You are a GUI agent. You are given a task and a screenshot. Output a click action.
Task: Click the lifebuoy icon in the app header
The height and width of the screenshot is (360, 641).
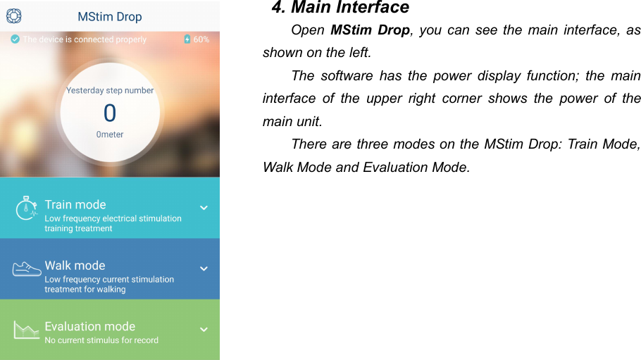click(14, 15)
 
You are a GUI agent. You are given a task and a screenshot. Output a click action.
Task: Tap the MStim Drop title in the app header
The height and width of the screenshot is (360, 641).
click(109, 16)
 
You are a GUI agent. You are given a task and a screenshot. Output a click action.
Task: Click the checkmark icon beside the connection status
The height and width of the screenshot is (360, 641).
click(15, 39)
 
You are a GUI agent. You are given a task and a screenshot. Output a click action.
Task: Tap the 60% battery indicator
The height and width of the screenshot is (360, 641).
click(197, 39)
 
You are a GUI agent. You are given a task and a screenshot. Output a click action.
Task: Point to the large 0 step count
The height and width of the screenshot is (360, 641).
click(110, 113)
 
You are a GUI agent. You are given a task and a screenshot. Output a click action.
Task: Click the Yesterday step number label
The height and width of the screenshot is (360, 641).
click(110, 90)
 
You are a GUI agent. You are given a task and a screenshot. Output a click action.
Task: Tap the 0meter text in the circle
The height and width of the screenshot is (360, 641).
click(110, 134)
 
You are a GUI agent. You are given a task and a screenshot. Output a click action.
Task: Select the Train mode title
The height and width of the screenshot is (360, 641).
click(75, 204)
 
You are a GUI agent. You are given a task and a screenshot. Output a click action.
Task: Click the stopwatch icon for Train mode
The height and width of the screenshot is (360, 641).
click(26, 208)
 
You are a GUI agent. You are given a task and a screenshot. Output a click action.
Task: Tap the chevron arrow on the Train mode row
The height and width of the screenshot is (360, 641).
click(204, 208)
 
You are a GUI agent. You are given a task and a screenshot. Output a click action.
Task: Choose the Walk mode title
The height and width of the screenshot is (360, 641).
click(75, 266)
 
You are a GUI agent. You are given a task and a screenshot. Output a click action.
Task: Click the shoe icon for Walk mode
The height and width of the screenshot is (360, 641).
click(27, 268)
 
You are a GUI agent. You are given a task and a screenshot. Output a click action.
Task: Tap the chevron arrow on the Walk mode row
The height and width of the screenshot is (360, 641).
click(204, 268)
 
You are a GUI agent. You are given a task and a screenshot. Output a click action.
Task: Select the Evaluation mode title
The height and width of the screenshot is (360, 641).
click(89, 326)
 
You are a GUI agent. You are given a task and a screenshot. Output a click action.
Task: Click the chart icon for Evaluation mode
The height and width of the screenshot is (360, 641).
click(27, 329)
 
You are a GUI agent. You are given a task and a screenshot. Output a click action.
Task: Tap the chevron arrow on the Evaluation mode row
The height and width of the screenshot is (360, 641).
click(204, 329)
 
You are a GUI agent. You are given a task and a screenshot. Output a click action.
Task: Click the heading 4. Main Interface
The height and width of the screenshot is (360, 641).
click(340, 8)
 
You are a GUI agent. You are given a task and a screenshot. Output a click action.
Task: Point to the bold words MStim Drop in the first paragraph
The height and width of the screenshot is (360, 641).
click(370, 30)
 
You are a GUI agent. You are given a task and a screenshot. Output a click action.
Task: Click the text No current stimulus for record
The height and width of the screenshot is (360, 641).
click(101, 340)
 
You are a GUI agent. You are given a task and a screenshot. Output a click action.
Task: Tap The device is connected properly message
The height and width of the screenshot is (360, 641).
click(85, 39)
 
